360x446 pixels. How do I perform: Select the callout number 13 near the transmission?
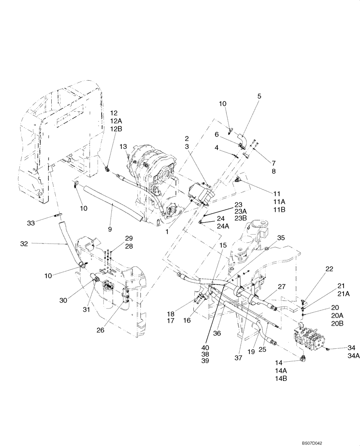coord(123,147)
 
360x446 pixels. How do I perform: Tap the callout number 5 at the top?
coord(259,95)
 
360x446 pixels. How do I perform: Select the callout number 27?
coord(281,287)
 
